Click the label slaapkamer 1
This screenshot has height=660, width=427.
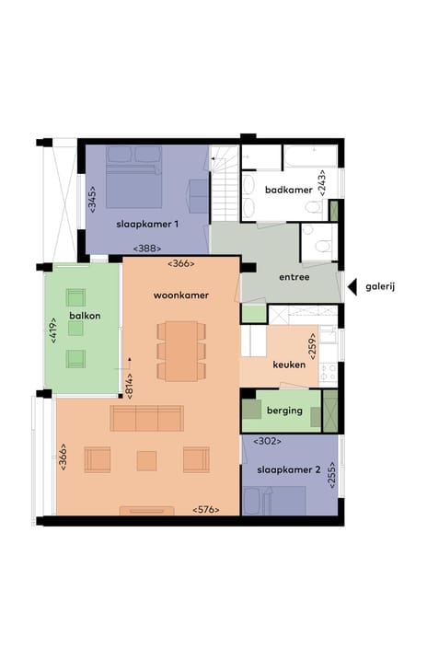tap(147, 224)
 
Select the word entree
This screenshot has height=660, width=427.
tap(294, 276)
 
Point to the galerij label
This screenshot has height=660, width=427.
tap(380, 287)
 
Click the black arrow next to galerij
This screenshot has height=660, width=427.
tap(352, 287)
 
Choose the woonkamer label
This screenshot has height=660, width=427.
tap(180, 295)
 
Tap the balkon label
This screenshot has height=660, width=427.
tap(83, 317)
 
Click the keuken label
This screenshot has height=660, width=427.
tap(288, 365)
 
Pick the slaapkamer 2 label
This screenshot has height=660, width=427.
tap(290, 469)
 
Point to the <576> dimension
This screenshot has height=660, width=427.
tap(206, 509)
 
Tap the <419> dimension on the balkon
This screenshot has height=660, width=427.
tap(53, 329)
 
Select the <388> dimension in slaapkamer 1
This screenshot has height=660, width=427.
tap(147, 249)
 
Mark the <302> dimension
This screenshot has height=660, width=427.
tap(267, 441)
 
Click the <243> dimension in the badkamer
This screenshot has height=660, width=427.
tap(321, 180)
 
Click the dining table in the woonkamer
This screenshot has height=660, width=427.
tap(180, 349)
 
